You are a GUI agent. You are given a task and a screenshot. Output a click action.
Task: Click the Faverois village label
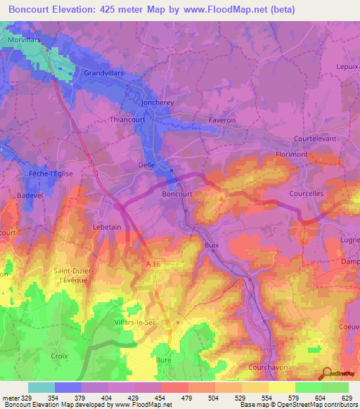pos(222,120)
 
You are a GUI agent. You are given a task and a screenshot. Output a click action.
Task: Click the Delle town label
pos(146,166)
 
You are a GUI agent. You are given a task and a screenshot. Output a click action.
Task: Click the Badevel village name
pos(31,195)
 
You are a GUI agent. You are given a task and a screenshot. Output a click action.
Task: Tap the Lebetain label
pos(108,228)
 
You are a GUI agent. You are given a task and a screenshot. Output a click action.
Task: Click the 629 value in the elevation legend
pos(347,398)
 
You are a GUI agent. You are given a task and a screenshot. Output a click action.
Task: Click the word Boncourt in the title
pos(34,9)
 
